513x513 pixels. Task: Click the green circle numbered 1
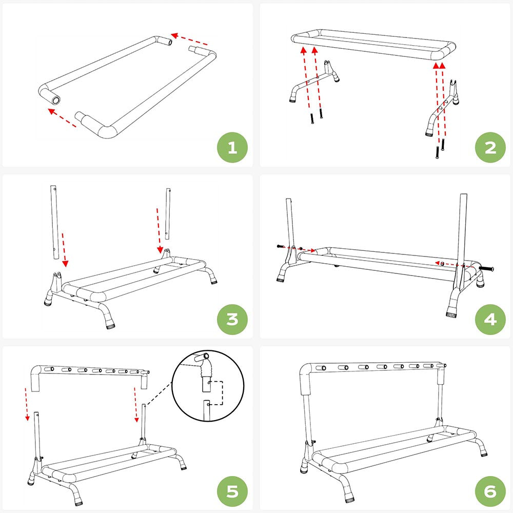point(232,148)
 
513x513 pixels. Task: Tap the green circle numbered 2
point(490,148)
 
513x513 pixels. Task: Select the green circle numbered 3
point(232,319)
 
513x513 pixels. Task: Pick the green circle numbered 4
point(490,319)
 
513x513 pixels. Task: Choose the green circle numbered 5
point(232,491)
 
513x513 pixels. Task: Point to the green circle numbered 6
point(490,491)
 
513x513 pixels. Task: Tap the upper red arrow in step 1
point(189,40)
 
